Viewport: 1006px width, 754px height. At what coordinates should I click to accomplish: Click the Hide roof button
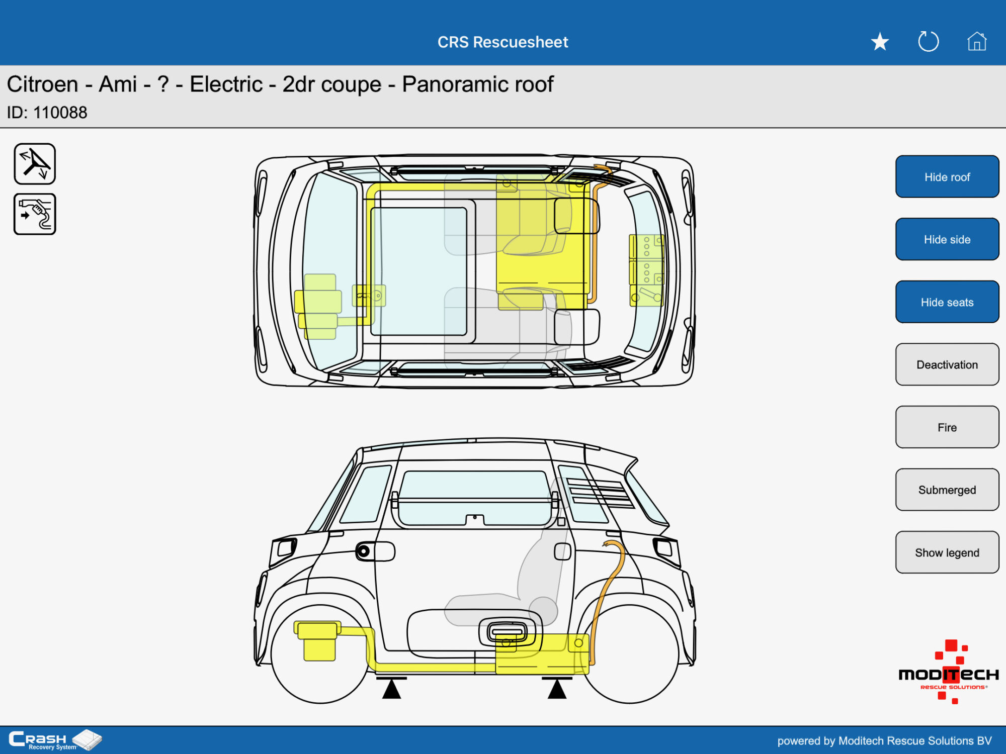(x=947, y=176)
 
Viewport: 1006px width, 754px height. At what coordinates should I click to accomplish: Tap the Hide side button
(x=947, y=239)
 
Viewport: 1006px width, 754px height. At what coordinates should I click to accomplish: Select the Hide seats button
(x=947, y=302)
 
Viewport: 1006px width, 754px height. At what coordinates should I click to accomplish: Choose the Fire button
(x=947, y=427)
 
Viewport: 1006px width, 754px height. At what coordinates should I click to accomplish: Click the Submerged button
(x=947, y=490)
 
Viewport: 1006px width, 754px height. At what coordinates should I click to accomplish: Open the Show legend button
(x=947, y=552)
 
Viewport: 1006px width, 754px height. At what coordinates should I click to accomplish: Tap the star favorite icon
(x=880, y=42)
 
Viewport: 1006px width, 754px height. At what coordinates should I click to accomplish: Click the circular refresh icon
(x=928, y=42)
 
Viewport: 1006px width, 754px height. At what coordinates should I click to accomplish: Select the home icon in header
(x=977, y=41)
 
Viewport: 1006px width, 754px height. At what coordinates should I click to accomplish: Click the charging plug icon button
(x=35, y=214)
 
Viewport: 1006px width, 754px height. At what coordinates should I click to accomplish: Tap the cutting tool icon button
(x=35, y=164)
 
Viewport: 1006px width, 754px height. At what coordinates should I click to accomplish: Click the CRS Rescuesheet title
(x=503, y=42)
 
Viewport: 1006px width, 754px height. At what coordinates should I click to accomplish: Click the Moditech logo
(x=949, y=672)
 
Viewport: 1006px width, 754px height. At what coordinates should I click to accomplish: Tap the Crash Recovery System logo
(x=55, y=740)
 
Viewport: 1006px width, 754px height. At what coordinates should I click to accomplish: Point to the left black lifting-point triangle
(x=391, y=688)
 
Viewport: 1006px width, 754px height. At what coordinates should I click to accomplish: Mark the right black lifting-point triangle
(x=557, y=688)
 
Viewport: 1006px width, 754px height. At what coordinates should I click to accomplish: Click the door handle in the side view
(x=508, y=632)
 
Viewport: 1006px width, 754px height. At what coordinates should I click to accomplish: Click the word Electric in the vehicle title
(x=226, y=84)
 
